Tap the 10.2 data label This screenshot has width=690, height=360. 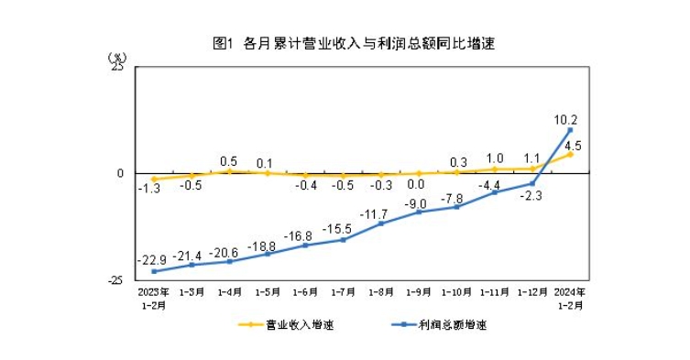pyautogui.click(x=565, y=119)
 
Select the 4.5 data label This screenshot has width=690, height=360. pyautogui.click(x=574, y=145)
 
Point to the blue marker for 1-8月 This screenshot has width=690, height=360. pyautogui.click(x=381, y=224)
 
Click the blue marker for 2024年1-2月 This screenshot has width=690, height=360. pyautogui.click(x=571, y=130)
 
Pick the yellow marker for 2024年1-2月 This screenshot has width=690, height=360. pyautogui.click(x=571, y=154)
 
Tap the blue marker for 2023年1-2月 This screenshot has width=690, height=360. pyautogui.click(x=153, y=271)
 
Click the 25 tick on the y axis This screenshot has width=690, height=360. pyautogui.click(x=118, y=67)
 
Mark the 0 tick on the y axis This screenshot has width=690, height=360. pyautogui.click(x=120, y=173)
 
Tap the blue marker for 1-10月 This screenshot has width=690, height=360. pyautogui.click(x=457, y=207)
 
